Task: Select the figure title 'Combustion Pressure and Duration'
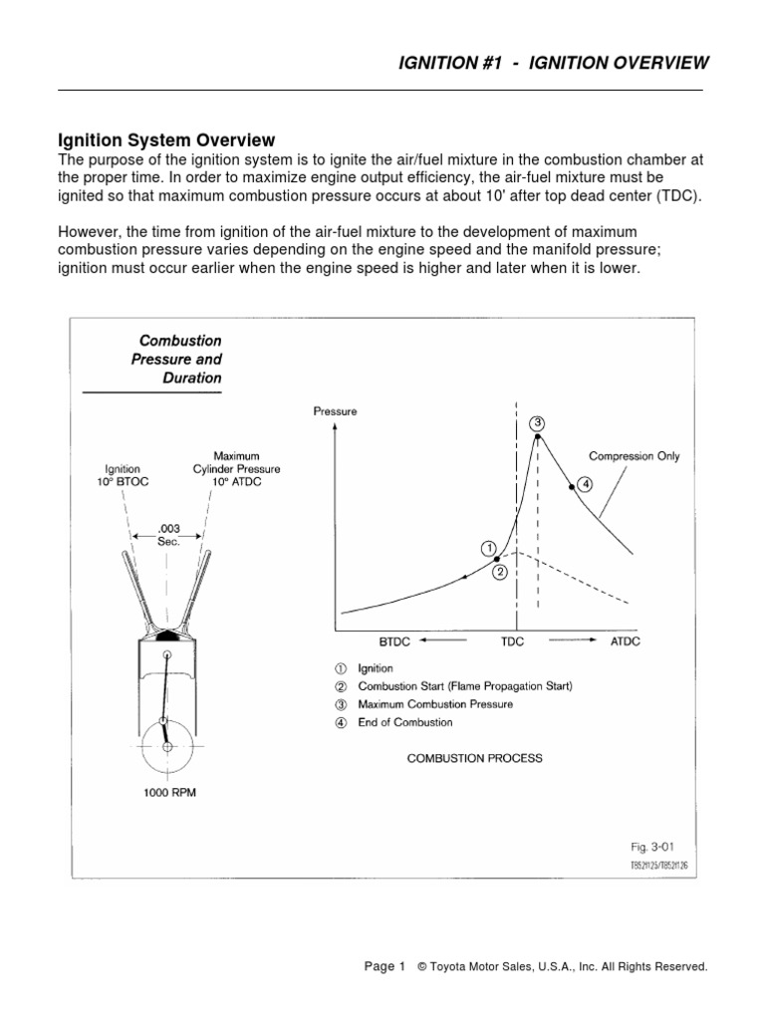(176, 359)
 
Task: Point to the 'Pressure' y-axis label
(335, 410)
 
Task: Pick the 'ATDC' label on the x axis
(625, 641)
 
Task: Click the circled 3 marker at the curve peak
(538, 423)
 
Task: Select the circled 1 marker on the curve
(488, 548)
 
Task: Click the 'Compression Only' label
(635, 456)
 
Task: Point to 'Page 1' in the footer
(384, 966)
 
